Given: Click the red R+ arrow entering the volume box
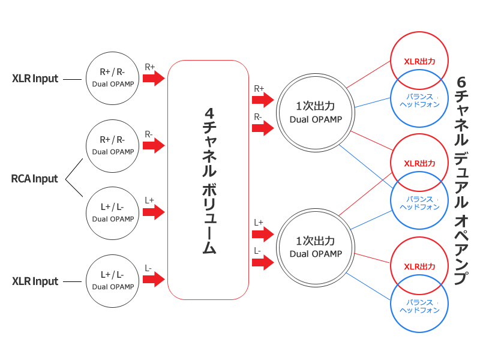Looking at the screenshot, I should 155,78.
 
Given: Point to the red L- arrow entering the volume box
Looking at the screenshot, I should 155,280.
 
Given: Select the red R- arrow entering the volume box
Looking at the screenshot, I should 155,145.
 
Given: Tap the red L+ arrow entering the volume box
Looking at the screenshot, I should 155,212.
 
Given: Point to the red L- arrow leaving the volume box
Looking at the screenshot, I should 263,262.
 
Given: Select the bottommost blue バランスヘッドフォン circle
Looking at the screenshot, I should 419,307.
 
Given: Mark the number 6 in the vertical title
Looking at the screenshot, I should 461,82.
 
